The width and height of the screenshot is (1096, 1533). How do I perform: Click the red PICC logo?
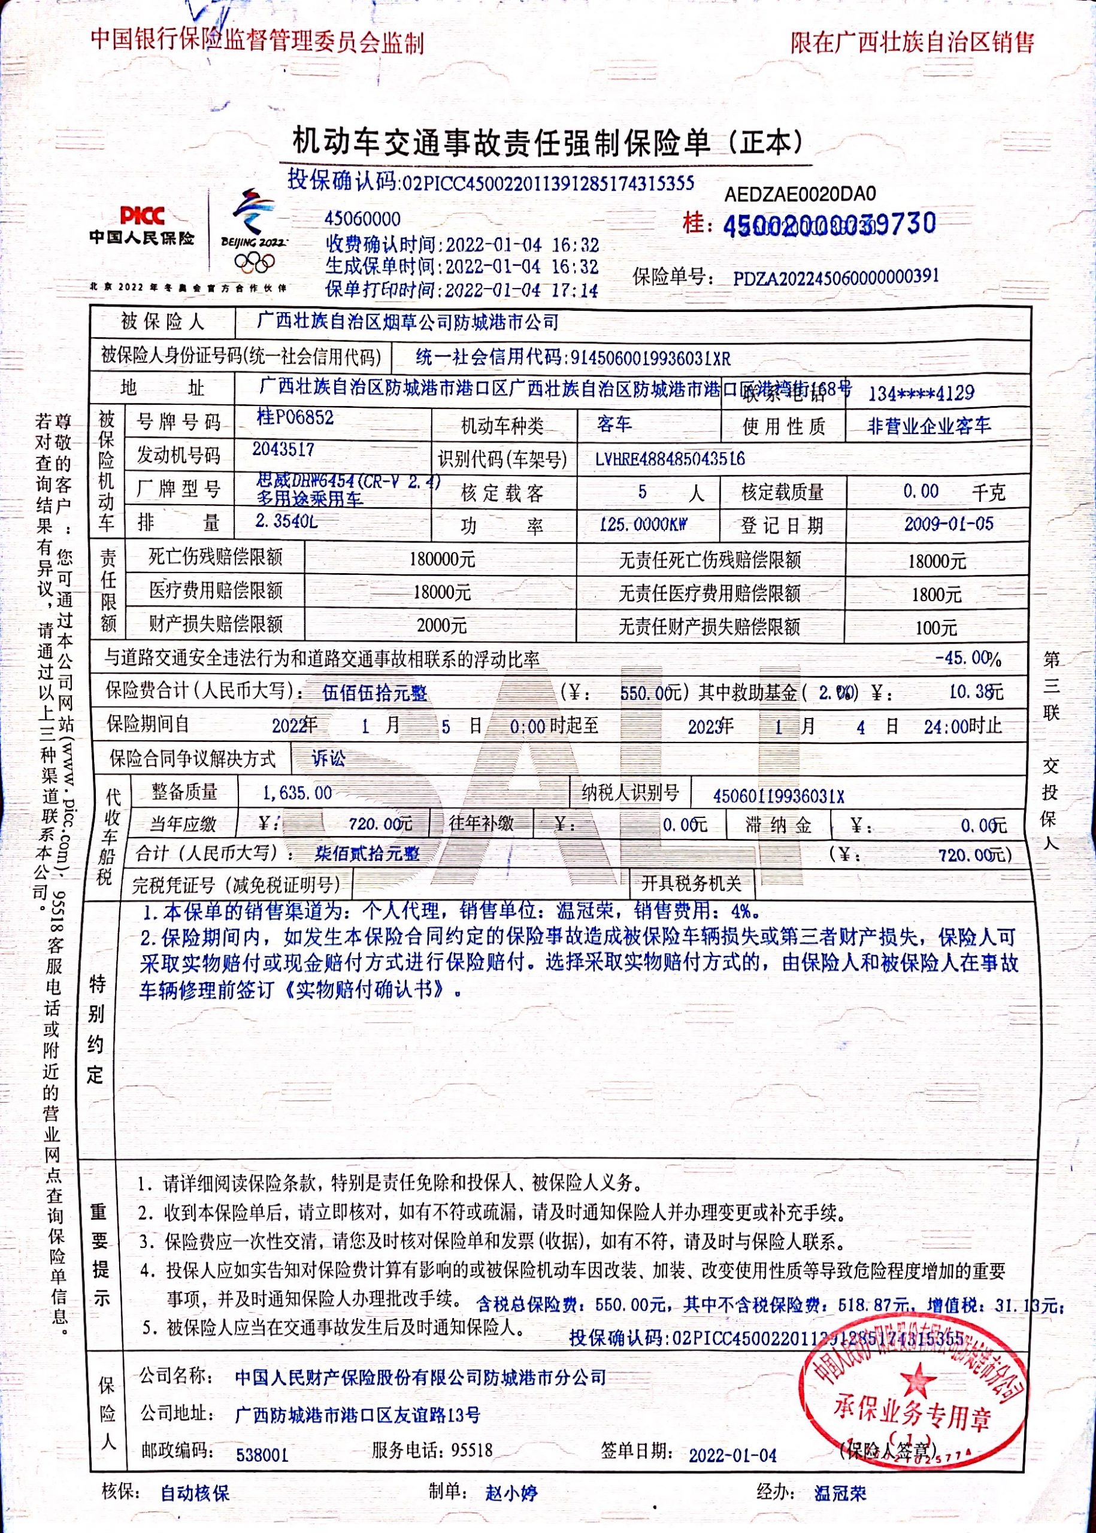(142, 216)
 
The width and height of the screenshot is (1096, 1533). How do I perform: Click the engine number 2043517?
(283, 449)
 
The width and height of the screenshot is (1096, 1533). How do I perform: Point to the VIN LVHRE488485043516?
(670, 459)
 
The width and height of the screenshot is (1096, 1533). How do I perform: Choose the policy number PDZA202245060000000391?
(836, 277)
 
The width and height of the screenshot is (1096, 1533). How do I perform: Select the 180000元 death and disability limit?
(442, 559)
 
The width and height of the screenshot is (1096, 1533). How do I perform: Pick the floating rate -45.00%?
(968, 658)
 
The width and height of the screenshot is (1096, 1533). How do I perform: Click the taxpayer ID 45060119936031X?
(778, 796)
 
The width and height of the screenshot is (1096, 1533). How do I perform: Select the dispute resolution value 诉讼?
(329, 758)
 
